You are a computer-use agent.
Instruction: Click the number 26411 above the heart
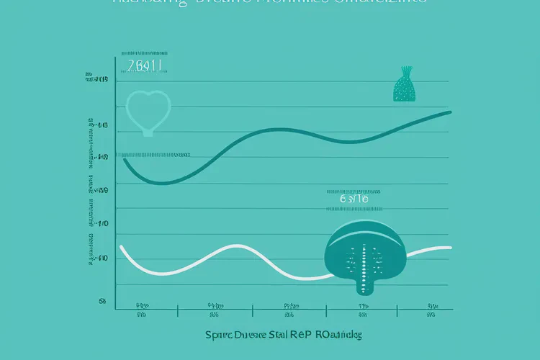[144, 66]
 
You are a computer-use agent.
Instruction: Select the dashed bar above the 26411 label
[144, 53]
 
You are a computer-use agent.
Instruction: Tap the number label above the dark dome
[354, 199]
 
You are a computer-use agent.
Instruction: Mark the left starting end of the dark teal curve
[125, 159]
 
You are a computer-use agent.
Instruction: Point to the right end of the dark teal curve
[451, 112]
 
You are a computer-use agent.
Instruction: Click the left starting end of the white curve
[121, 247]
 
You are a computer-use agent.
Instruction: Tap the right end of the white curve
[451, 248]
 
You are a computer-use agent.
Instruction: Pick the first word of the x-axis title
[221, 336]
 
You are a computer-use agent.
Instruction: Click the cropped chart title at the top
[269, 3]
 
